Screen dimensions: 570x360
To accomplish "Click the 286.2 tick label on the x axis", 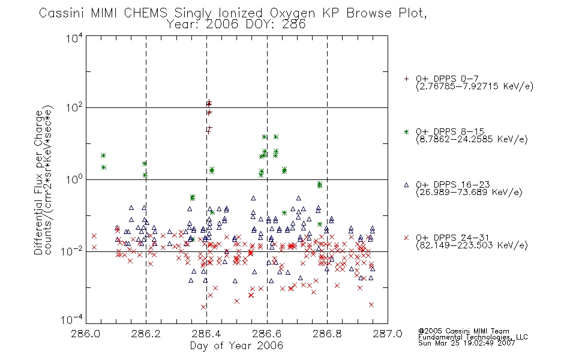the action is pyautogui.click(x=146, y=334).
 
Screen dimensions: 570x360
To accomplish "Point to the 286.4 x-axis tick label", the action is pyautogui.click(x=206, y=334).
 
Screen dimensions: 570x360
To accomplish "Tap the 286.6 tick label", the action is pyautogui.click(x=267, y=334).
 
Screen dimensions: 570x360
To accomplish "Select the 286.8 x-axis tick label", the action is pyautogui.click(x=327, y=334).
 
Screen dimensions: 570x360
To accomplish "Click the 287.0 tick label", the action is pyautogui.click(x=388, y=334).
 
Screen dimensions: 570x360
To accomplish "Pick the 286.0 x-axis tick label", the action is pyautogui.click(x=86, y=334).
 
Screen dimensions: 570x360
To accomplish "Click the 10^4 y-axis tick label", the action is pyautogui.click(x=74, y=38).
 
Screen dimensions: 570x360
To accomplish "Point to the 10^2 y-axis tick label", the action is pyautogui.click(x=74, y=107).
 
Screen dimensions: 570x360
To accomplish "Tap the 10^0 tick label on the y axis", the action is pyautogui.click(x=74, y=179).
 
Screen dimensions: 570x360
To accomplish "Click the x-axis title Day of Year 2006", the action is pyautogui.click(x=236, y=346).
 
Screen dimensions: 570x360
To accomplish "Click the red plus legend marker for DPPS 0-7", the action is pyautogui.click(x=406, y=79).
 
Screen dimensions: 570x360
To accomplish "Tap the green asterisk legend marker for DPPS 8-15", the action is pyautogui.click(x=406, y=131).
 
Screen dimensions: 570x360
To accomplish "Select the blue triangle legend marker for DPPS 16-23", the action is pyautogui.click(x=406, y=185).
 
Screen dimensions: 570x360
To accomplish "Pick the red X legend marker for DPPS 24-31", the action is pyautogui.click(x=406, y=238).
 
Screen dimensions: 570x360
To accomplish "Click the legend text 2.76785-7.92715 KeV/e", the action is pyautogui.click(x=475, y=86).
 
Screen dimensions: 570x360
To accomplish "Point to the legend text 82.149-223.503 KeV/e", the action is pyautogui.click(x=472, y=245).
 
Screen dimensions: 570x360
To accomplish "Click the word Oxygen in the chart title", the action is pyautogui.click(x=293, y=13).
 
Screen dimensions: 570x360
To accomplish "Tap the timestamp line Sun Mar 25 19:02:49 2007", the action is pyautogui.click(x=466, y=343).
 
